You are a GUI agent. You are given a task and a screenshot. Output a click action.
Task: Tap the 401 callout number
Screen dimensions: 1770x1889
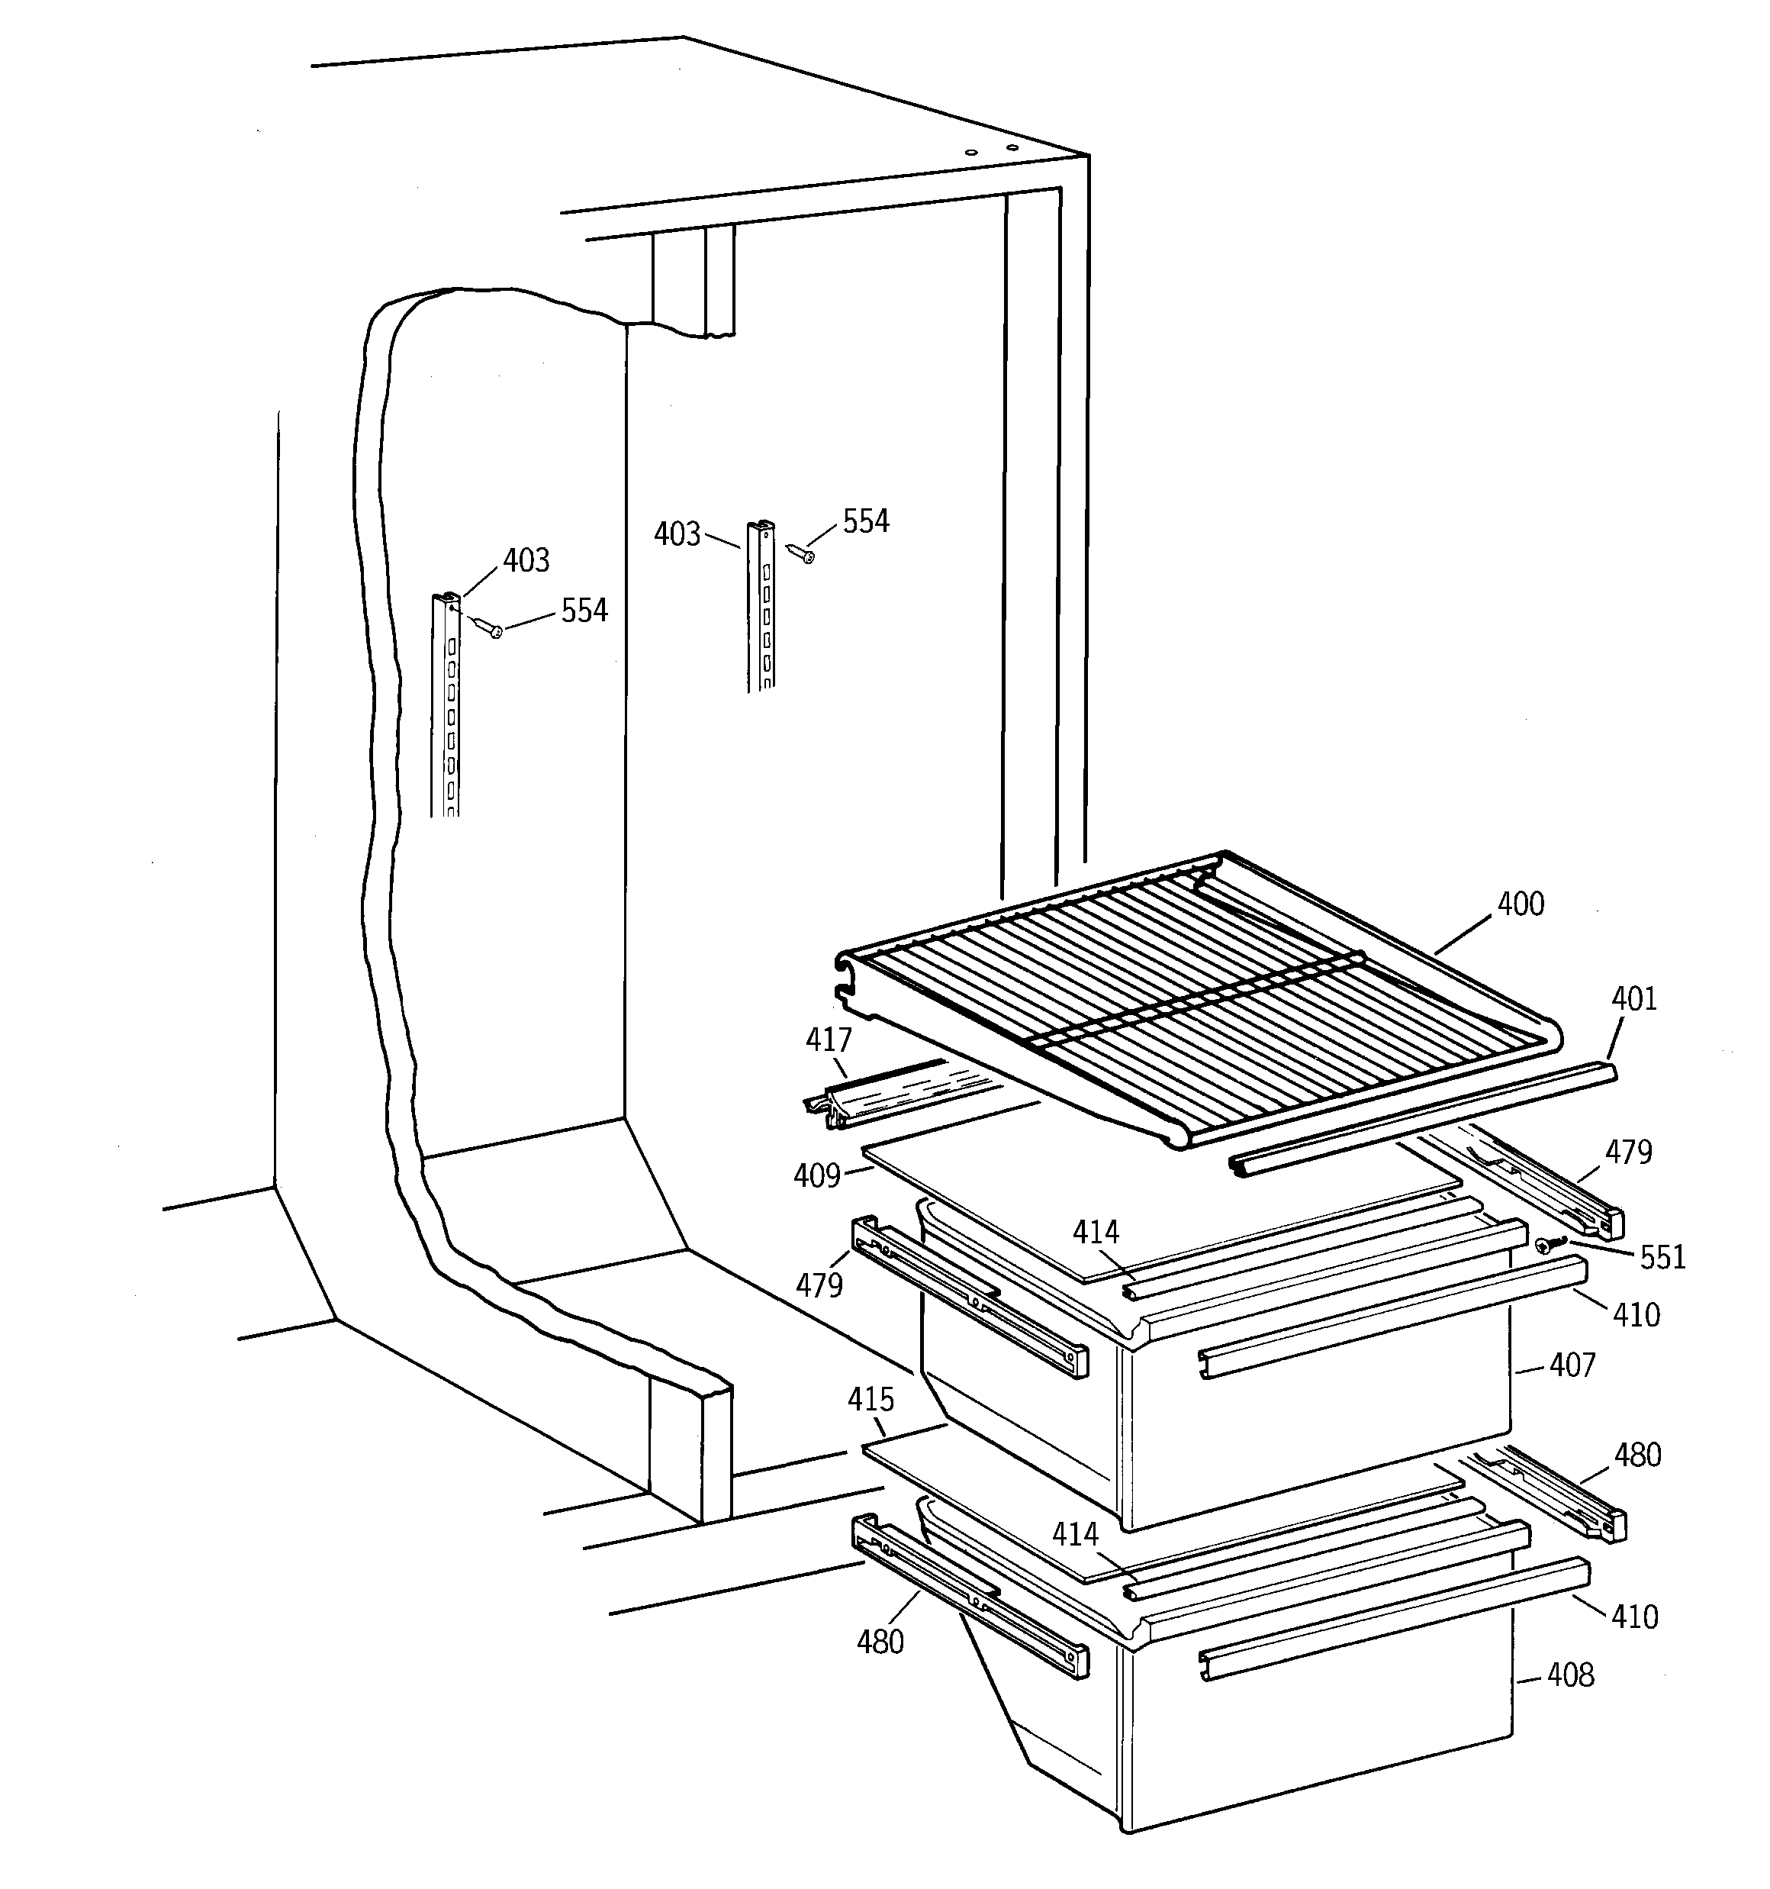pos(1634,998)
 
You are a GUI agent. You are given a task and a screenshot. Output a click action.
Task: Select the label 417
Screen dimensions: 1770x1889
pos(829,1039)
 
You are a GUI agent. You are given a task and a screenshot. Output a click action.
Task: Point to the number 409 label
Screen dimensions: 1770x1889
pos(817,1176)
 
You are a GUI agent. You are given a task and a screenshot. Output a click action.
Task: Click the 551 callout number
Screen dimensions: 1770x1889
pos(1662,1257)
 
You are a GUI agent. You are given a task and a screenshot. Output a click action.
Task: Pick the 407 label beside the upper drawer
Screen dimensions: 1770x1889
pos(1572,1365)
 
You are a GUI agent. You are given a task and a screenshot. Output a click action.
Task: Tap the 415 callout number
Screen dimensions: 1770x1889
pos(871,1400)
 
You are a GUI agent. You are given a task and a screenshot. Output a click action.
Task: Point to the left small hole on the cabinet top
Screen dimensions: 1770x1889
pos(969,152)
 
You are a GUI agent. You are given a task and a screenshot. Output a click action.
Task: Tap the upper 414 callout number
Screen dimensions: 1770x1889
pos(1096,1233)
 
